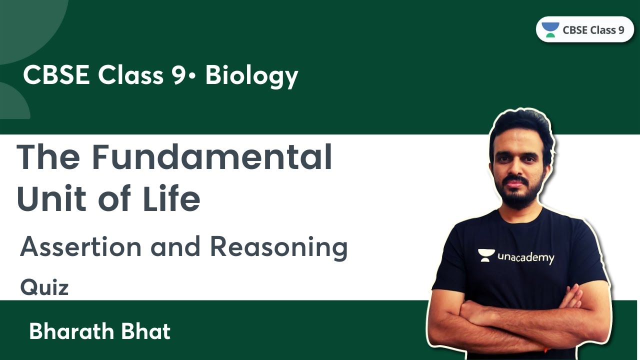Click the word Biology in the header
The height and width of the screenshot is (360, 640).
coord(251,76)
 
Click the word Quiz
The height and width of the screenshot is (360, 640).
coord(44,288)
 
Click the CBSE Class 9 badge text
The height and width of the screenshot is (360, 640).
coord(593,30)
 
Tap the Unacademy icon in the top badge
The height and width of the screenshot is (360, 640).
coord(550,29)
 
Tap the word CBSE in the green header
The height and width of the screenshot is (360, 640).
coord(57,76)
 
